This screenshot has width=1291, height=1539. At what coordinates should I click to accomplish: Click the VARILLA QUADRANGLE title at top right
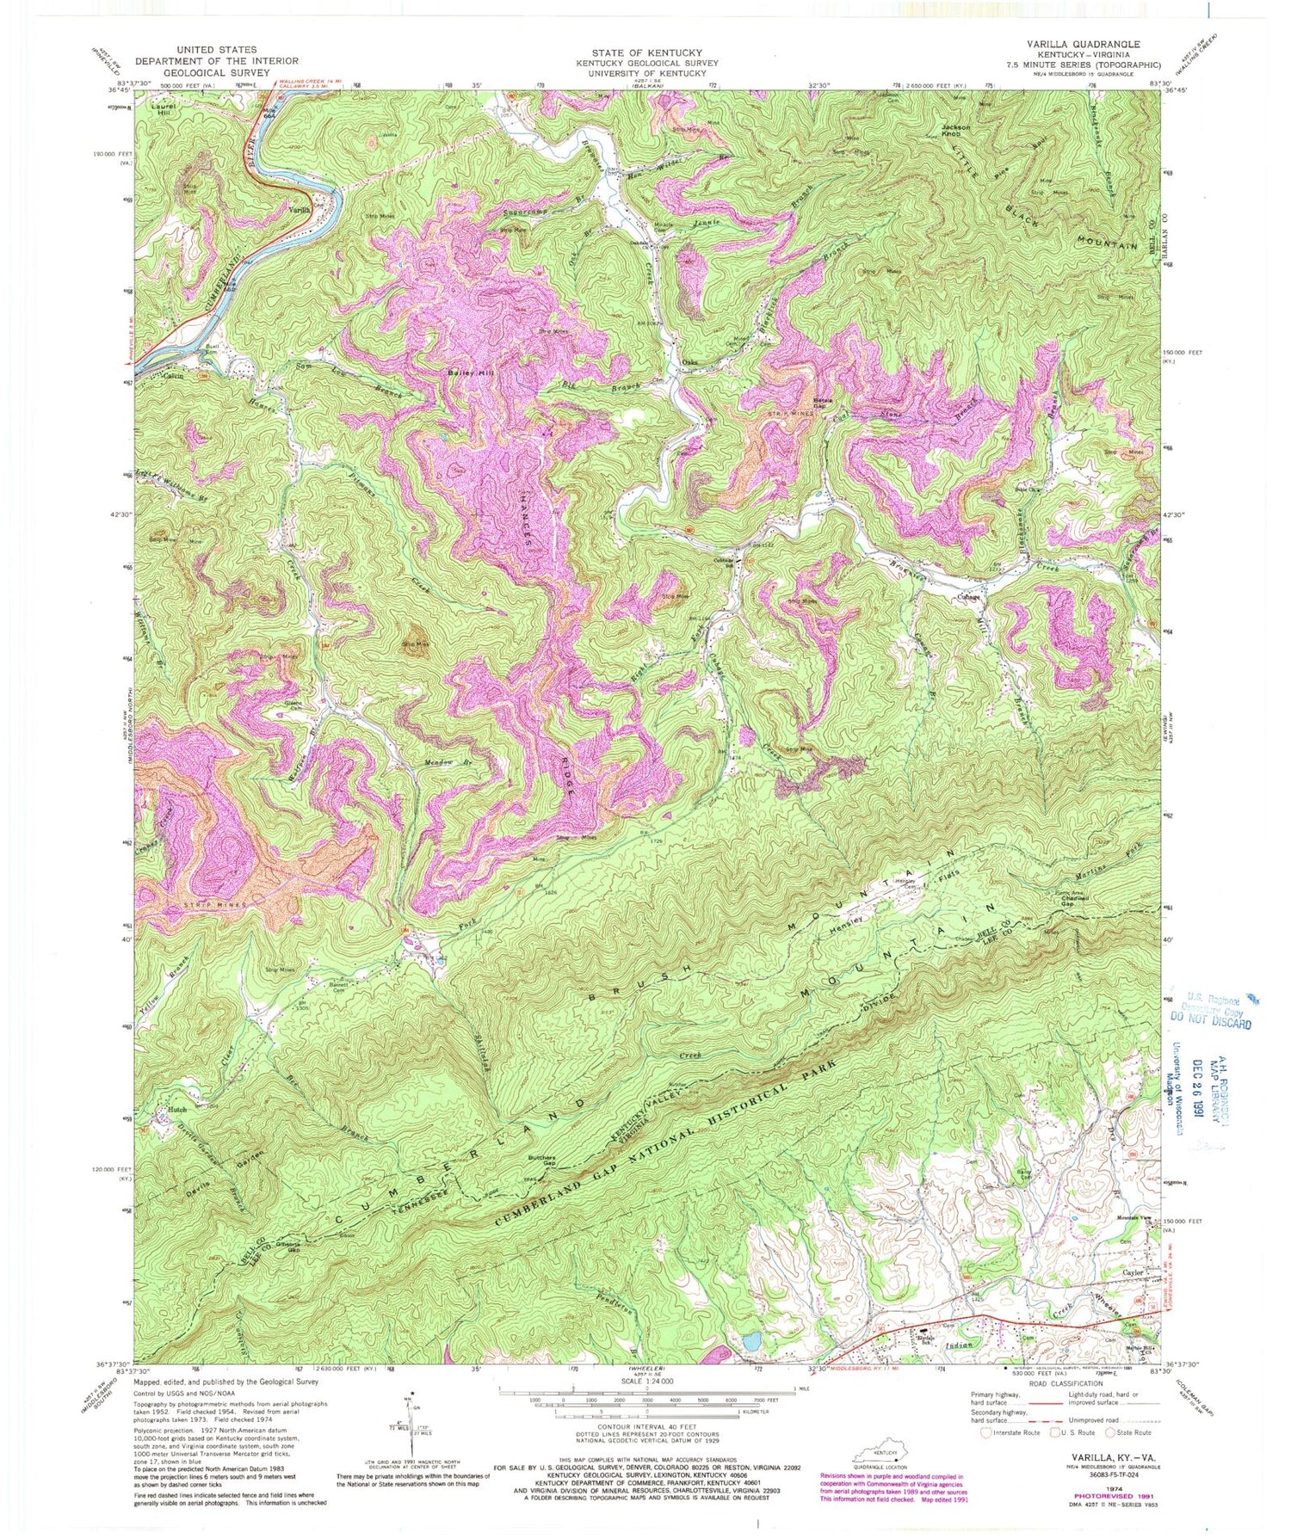click(1089, 43)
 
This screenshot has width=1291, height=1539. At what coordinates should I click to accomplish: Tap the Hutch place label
click(177, 1111)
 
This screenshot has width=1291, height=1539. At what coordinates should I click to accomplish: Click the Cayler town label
click(1132, 1272)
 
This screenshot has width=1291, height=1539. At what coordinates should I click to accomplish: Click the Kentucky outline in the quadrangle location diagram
click(880, 1453)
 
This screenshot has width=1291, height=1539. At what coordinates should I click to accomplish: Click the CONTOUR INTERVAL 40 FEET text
click(646, 1425)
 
